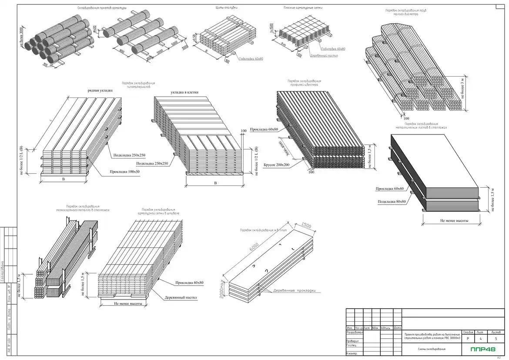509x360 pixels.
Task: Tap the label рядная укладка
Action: tap(100, 91)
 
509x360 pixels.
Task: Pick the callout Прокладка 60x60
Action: tap(390, 188)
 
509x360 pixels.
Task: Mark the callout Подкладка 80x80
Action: tap(392, 202)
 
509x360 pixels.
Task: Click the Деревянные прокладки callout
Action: tap(294, 291)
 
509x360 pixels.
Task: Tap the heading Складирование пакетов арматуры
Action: tap(102, 8)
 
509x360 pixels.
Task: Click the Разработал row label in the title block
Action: tap(355, 332)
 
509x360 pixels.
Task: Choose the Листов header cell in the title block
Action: tap(496, 332)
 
